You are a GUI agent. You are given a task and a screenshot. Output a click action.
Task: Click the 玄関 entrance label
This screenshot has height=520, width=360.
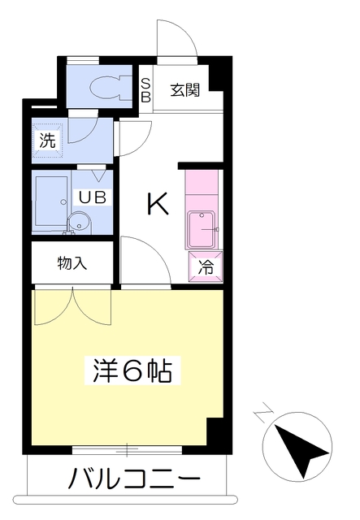tap(185, 89)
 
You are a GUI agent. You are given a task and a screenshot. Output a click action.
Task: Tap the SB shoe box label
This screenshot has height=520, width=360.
tap(146, 89)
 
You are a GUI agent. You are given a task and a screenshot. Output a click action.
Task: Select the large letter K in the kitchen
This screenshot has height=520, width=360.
tap(157, 205)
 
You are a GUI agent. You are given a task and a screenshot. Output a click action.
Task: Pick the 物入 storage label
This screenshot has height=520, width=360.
tap(72, 263)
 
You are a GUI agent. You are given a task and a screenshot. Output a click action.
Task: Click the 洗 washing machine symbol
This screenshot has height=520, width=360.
tap(49, 139)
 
